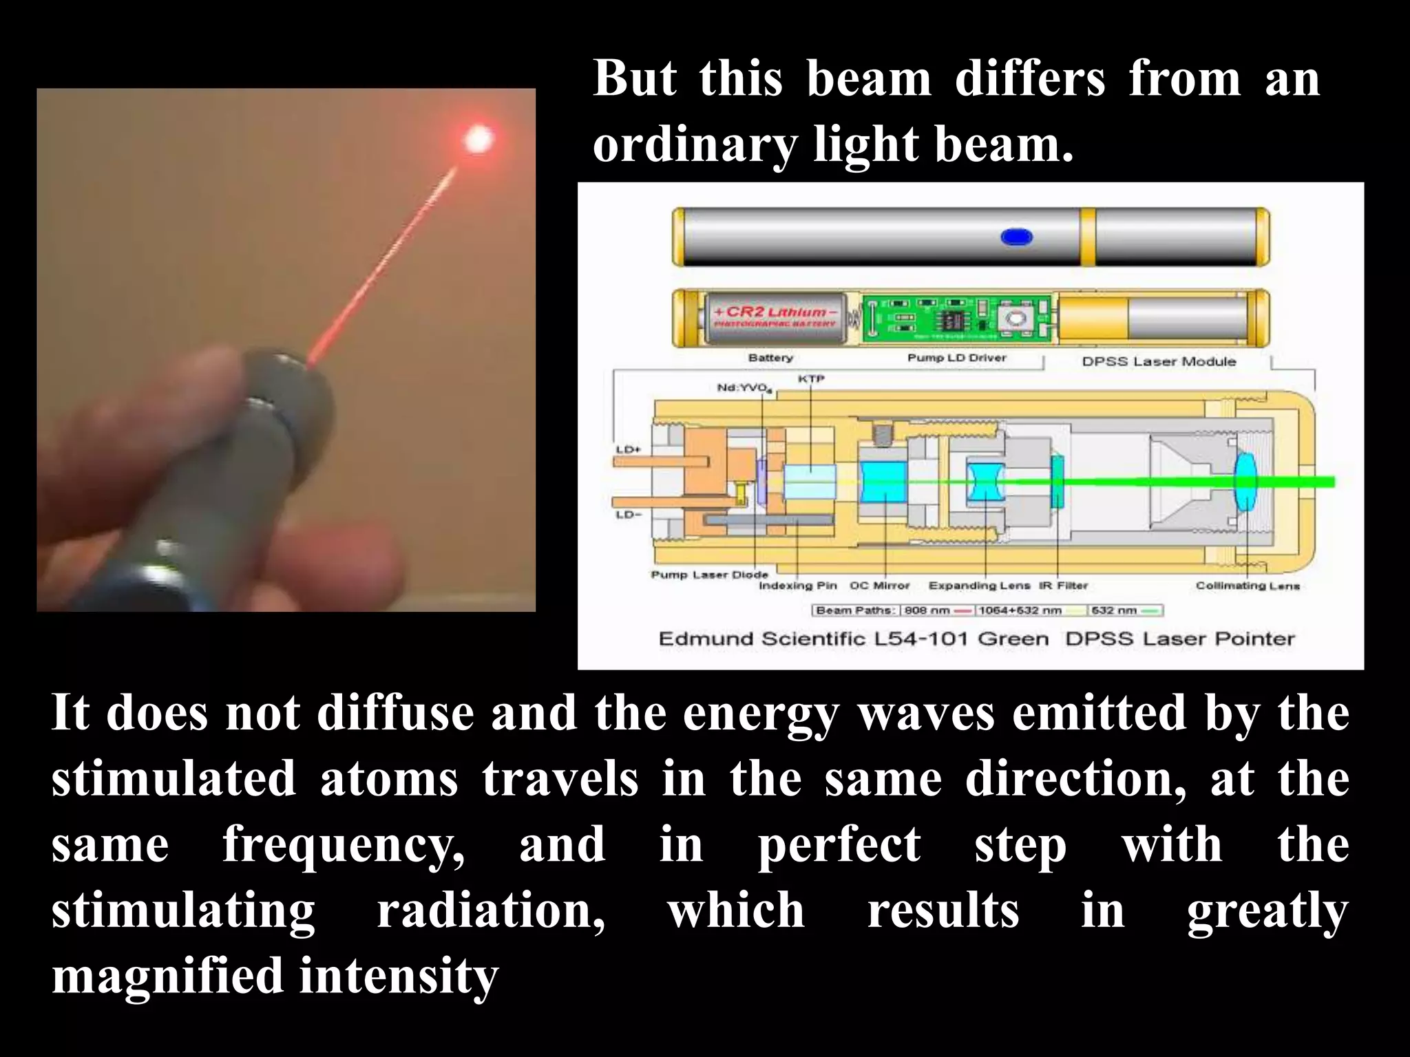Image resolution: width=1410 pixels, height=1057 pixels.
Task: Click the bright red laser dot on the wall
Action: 478,140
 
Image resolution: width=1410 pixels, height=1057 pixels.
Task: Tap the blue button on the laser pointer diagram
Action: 1016,237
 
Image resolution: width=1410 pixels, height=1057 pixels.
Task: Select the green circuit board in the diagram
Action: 957,319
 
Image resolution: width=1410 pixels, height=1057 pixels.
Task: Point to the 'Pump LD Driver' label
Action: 956,358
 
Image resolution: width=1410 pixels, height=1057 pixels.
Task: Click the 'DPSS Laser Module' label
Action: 1159,361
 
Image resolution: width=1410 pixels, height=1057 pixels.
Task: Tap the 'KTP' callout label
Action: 810,379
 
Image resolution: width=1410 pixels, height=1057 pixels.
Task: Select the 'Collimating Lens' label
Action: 1248,586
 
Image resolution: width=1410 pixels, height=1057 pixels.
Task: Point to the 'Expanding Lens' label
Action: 979,586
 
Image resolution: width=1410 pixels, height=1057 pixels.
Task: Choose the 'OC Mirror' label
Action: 879,586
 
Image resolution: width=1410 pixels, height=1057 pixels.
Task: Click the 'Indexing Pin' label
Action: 798,586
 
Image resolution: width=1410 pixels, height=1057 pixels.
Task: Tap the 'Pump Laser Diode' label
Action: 709,575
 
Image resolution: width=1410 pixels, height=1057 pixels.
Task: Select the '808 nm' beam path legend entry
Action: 927,610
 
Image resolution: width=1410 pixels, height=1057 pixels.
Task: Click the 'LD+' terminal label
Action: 628,449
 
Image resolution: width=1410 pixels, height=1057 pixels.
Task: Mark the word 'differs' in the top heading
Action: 1030,78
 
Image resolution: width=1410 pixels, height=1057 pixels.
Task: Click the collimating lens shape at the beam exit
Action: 1244,482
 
